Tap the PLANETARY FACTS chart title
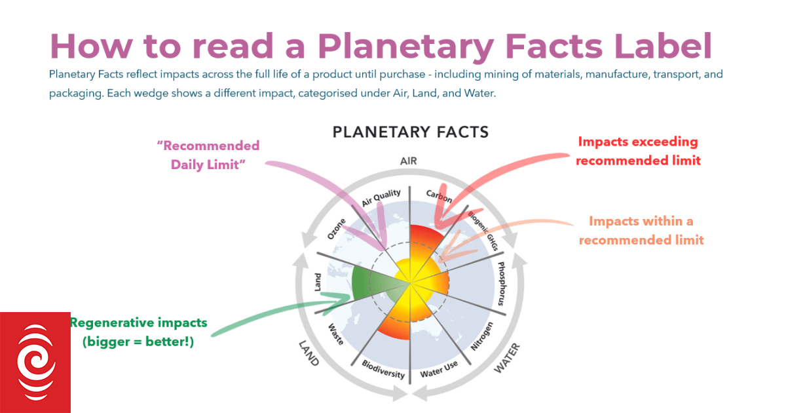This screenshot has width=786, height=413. pyautogui.click(x=410, y=132)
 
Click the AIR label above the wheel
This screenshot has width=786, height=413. pyautogui.click(x=409, y=161)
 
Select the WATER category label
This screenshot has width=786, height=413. pyautogui.click(x=507, y=358)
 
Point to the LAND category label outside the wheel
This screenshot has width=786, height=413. pyautogui.click(x=309, y=353)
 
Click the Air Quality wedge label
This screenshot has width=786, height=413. pyautogui.click(x=381, y=198)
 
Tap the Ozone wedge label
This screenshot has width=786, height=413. pyautogui.click(x=336, y=229)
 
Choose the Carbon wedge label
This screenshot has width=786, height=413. pyautogui.click(x=439, y=196)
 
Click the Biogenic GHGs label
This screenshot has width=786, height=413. pyautogui.click(x=483, y=231)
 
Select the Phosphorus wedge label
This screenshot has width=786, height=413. pyautogui.click(x=502, y=283)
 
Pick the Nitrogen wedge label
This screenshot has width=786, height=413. pyautogui.click(x=482, y=336)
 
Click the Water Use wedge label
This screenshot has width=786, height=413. pyautogui.click(x=439, y=369)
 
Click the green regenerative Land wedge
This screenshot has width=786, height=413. pyautogui.click(x=368, y=282)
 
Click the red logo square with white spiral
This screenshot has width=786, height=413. pyautogui.click(x=35, y=363)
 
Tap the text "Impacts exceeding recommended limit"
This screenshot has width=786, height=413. pyautogui.click(x=638, y=151)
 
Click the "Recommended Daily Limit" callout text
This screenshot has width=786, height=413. pyautogui.click(x=208, y=155)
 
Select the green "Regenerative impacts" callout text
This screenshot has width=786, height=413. pyautogui.click(x=139, y=332)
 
